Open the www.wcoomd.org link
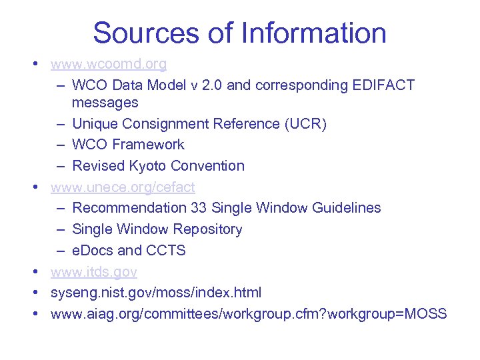click(109, 65)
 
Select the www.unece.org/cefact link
click(123, 187)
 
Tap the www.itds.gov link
click(94, 272)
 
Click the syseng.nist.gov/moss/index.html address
click(156, 293)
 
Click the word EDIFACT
click(385, 85)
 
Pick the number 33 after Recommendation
click(199, 207)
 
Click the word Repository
click(207, 229)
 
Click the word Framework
click(149, 144)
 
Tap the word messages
click(105, 103)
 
